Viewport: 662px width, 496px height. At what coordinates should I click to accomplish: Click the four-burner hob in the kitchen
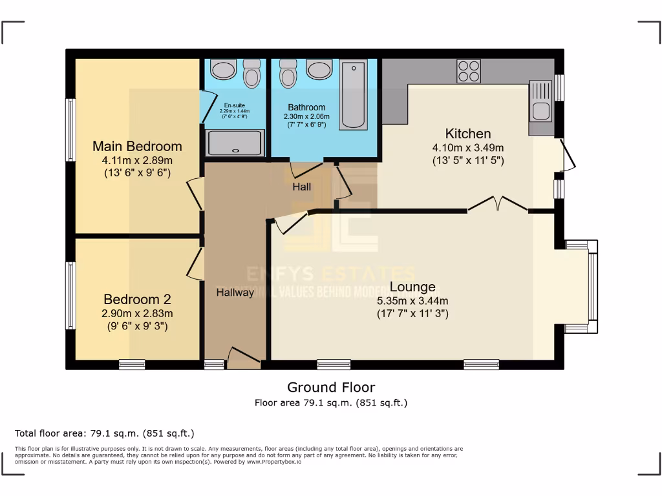coord(469,71)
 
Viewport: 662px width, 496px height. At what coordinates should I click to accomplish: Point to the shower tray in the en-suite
coord(235,143)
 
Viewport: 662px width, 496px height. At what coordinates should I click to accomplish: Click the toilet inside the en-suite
coord(252,74)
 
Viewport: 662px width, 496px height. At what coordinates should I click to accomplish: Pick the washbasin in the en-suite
coord(223,69)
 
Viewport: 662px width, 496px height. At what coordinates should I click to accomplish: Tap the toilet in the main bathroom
coord(288,74)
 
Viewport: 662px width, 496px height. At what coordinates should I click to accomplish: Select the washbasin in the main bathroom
coord(319,69)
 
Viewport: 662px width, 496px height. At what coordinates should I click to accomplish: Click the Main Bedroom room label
coord(137,146)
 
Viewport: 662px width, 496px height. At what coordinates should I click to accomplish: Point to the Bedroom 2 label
coord(137,300)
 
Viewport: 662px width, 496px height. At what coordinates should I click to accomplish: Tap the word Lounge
coord(412,287)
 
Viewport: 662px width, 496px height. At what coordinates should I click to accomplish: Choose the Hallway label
coord(235,293)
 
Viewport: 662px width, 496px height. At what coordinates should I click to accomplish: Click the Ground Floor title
coord(331,387)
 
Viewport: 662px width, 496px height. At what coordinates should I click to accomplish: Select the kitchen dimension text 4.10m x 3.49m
coord(468,148)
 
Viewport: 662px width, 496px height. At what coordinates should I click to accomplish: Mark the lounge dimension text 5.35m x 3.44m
coord(412,301)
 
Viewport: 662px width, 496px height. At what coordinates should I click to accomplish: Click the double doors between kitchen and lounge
coord(498,205)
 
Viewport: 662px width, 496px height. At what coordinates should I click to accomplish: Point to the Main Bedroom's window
coord(70,130)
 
